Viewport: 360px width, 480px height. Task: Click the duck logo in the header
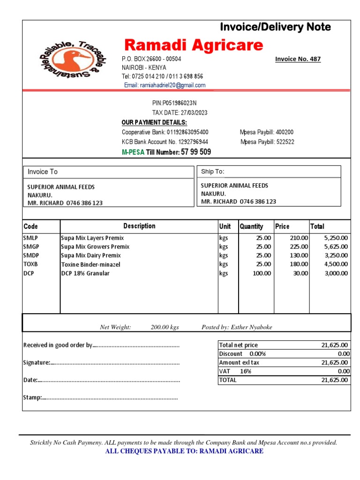(x=72, y=61)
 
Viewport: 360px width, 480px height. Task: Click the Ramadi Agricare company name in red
(x=194, y=45)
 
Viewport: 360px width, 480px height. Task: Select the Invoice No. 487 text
(x=298, y=59)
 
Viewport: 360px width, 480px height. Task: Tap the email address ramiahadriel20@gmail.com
(x=165, y=85)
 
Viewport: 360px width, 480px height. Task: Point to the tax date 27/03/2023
(x=180, y=112)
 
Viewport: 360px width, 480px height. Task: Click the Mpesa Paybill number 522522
(x=267, y=142)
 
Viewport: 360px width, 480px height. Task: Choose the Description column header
(x=139, y=226)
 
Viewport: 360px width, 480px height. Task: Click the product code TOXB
(x=30, y=264)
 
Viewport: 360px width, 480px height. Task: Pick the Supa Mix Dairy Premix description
(x=91, y=255)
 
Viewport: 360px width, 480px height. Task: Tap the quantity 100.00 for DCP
(x=262, y=273)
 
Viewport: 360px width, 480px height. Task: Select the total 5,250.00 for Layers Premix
(x=336, y=238)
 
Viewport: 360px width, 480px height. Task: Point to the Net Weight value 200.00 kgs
(x=165, y=327)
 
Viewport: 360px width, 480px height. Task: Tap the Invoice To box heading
(x=43, y=172)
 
